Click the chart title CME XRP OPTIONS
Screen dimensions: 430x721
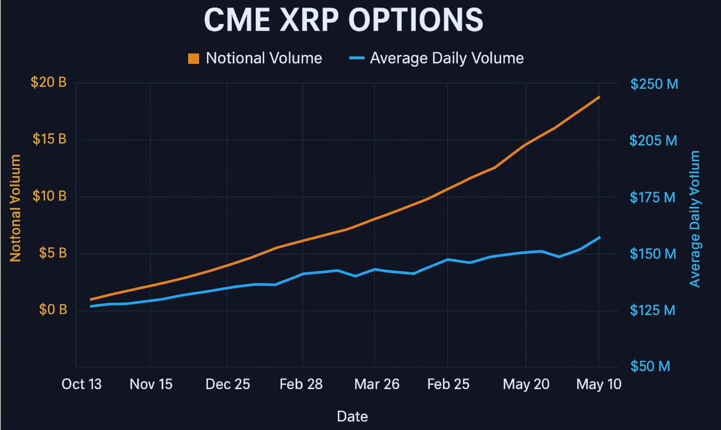tap(343, 20)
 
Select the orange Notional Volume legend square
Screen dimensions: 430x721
tap(193, 59)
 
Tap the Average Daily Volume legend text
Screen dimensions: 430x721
tap(446, 58)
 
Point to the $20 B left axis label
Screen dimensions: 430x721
tap(49, 82)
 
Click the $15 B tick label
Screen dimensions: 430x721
tap(49, 139)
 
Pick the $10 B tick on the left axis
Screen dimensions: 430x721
tap(49, 196)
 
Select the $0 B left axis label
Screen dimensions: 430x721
tap(53, 309)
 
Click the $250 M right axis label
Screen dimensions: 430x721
tap(654, 84)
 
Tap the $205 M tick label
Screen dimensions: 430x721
tap(653, 141)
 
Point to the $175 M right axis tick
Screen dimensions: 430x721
tap(653, 197)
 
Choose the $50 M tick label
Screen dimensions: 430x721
tap(650, 366)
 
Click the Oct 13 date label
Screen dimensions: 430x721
tap(82, 384)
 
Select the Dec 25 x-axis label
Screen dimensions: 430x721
tap(228, 384)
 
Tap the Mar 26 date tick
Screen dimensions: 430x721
tap(377, 384)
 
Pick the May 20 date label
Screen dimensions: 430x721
tap(526, 384)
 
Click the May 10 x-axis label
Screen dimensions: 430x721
tap(599, 384)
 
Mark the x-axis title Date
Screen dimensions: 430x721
tap(352, 416)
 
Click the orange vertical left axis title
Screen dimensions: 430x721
tap(15, 208)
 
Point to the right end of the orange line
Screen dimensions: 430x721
tap(599, 97)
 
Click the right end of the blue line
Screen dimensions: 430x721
tap(599, 237)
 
